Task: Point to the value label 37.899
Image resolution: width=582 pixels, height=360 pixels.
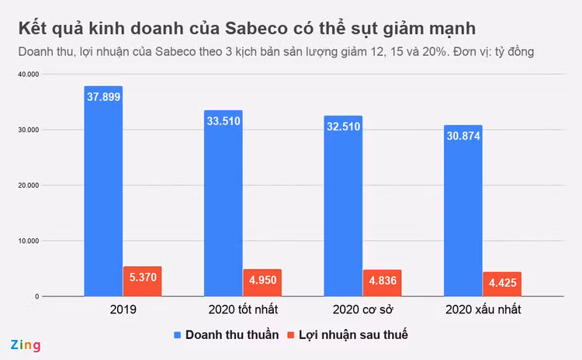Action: (x=103, y=97)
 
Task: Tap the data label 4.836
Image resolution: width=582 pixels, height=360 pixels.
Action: (x=382, y=281)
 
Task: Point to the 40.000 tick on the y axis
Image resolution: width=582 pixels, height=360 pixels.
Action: (x=26, y=74)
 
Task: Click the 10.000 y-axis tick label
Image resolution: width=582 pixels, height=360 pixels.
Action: (x=26, y=241)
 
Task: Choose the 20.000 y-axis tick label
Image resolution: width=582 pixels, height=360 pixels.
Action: (x=26, y=185)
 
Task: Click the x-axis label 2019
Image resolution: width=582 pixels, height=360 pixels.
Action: (x=123, y=310)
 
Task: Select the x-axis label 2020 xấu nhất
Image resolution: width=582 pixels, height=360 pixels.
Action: (x=483, y=310)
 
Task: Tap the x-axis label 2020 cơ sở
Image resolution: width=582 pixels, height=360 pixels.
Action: (x=362, y=310)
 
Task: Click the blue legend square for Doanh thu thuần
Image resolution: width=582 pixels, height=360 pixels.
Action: (x=177, y=334)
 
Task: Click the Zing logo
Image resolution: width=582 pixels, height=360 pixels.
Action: (x=25, y=344)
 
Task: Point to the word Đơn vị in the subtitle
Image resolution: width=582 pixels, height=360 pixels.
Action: (x=487, y=51)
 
